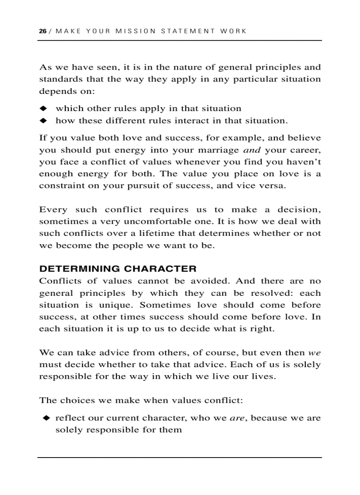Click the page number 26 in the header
coord(42,31)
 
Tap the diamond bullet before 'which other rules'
coord(43,108)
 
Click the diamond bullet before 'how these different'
coord(43,120)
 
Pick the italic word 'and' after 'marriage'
coord(252,150)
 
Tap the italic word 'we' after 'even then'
coord(314,353)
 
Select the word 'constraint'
coord(59,186)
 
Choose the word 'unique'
coord(117,305)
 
